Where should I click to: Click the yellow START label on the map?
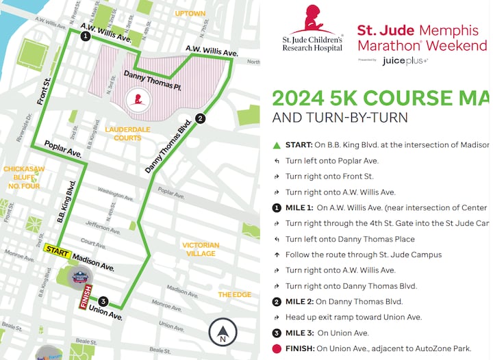(58, 253)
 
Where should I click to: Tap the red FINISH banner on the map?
(86, 296)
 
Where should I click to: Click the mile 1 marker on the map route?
(85, 36)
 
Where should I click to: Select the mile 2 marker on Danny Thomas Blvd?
(200, 118)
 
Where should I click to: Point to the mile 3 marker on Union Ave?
(103, 302)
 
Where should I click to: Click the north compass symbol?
(223, 333)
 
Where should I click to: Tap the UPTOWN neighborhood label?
(190, 13)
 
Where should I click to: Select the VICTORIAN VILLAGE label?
(201, 249)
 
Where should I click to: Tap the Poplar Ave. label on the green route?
(64, 149)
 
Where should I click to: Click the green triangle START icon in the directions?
(277, 145)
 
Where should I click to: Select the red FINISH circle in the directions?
(277, 348)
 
